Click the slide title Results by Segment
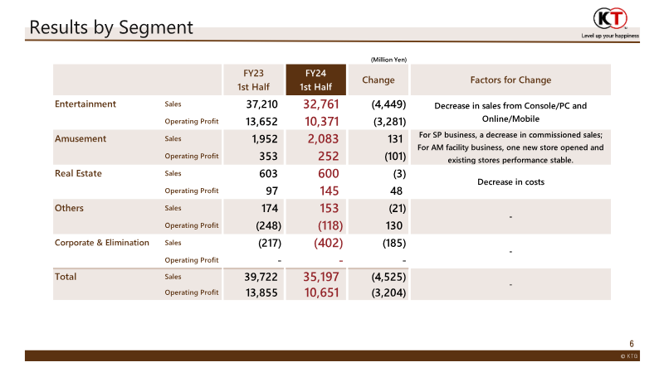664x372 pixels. [111, 27]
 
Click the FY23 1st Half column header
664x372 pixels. [254, 80]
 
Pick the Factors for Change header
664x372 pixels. [510, 80]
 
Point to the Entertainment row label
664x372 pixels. [85, 104]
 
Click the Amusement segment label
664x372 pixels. [81, 138]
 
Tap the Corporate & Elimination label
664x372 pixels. [102, 243]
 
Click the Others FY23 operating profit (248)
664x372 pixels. [264, 225]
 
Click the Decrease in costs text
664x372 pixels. [510, 181]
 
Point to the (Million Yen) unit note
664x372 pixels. [388, 58]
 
